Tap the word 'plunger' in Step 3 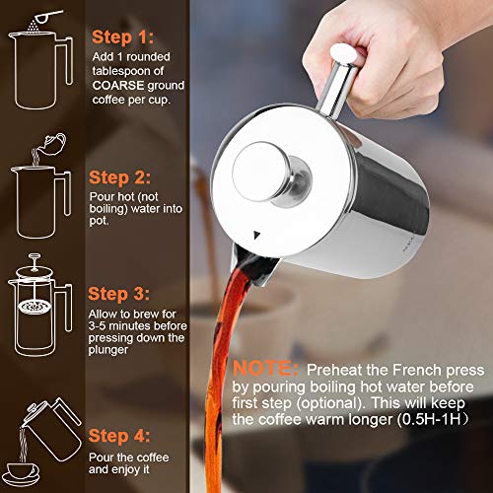[115, 350]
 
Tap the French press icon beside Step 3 [39, 296]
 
